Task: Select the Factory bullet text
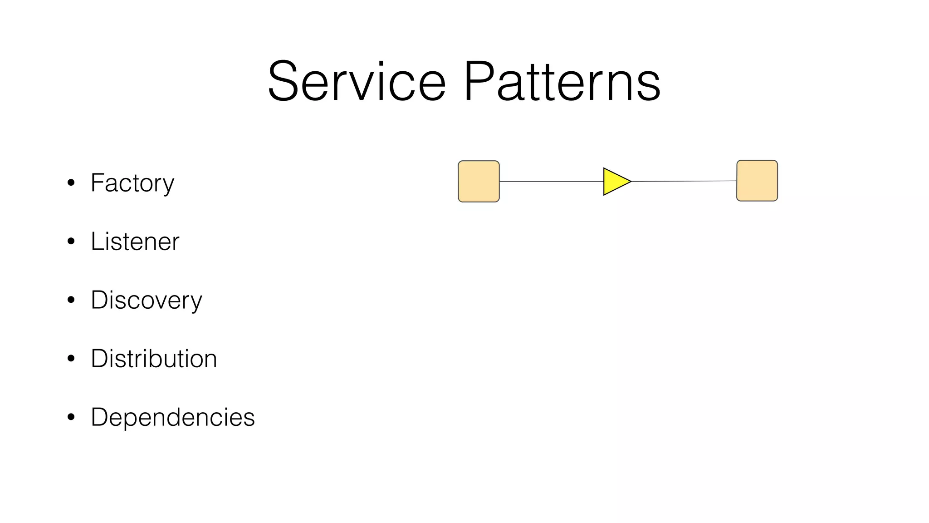[x=132, y=183]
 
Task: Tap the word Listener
[x=135, y=242]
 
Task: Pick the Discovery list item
[x=146, y=301]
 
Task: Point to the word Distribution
[x=154, y=359]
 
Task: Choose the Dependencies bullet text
[x=172, y=417]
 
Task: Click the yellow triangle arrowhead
[x=615, y=182]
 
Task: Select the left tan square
[x=479, y=181]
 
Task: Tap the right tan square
[x=757, y=181]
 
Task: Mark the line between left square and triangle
[x=551, y=182]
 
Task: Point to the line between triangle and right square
[x=684, y=181]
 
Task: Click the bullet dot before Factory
[x=71, y=183]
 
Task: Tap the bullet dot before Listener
[x=71, y=242]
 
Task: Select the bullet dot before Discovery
[x=71, y=300]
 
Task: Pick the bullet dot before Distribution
[x=71, y=359]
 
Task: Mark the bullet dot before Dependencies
[x=71, y=417]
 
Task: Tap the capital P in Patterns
[x=479, y=82]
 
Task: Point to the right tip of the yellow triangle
[x=630, y=182]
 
